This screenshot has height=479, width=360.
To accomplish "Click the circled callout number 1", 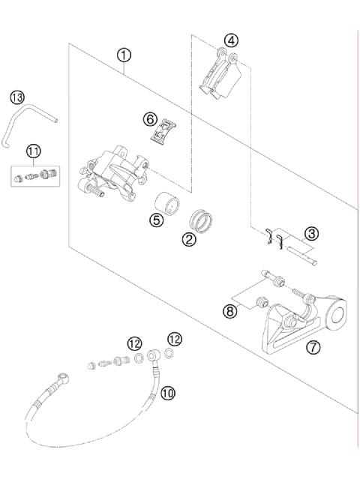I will tap(124, 55).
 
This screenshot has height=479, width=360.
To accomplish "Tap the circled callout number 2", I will tap(190, 239).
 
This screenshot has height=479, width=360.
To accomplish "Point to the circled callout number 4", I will tap(231, 40).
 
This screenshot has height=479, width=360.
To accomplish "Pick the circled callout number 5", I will tap(155, 221).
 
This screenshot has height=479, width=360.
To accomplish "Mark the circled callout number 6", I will tap(150, 119).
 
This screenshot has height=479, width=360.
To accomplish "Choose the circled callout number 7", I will tap(313, 346).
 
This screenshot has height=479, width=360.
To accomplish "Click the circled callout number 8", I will tap(230, 310).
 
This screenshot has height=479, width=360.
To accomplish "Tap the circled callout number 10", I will tap(168, 392).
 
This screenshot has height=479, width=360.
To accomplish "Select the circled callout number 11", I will tap(32, 151).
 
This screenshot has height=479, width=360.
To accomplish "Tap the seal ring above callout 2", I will tap(201, 220).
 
